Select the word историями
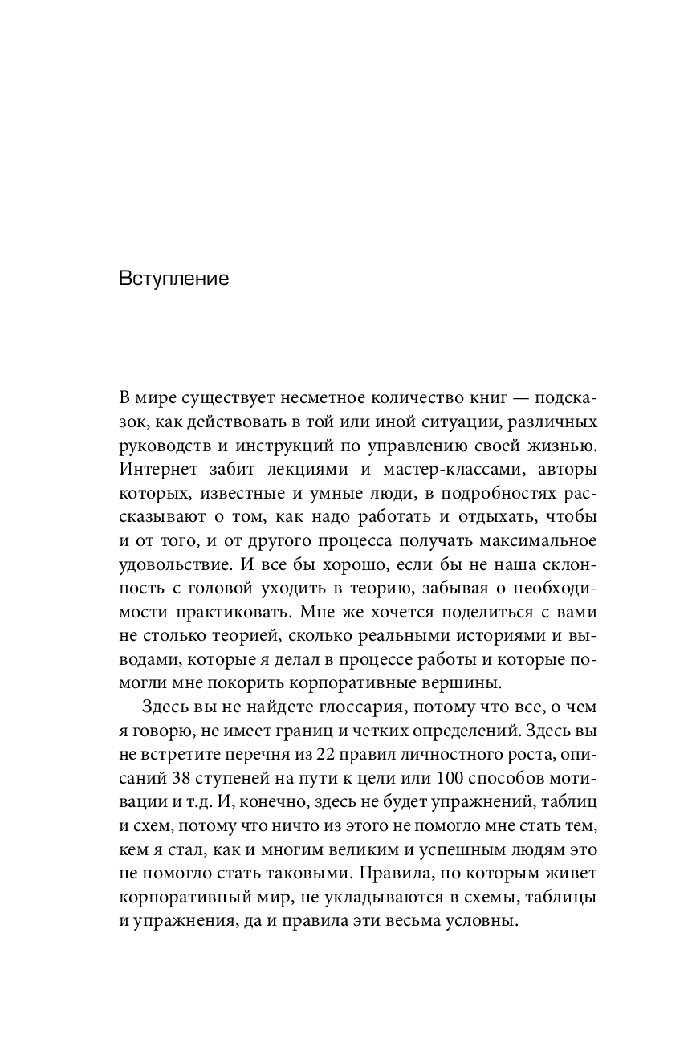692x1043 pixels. click(x=474, y=636)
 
